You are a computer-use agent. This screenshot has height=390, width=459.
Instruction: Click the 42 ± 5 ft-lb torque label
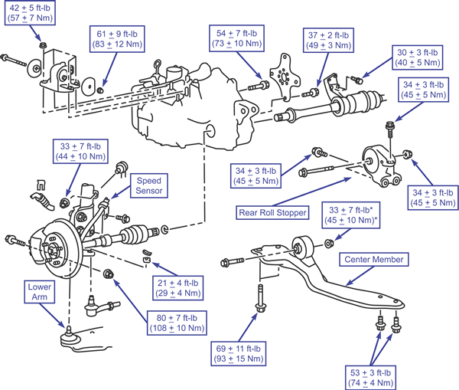30,13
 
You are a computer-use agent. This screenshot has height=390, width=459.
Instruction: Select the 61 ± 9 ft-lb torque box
117,39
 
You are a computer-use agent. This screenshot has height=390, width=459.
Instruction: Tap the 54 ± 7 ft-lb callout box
236,38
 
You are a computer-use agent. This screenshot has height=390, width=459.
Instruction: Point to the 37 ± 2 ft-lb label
328,40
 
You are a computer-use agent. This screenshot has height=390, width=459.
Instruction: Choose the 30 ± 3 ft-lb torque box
418,57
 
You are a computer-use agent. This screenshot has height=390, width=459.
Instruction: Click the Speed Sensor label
148,185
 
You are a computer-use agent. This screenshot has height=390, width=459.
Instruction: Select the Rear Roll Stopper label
272,212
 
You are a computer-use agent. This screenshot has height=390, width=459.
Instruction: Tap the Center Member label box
374,260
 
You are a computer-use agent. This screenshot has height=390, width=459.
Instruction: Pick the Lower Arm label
40,292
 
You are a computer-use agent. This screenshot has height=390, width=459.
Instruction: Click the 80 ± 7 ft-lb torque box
177,323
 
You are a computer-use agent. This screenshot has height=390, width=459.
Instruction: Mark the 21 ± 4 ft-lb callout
178,288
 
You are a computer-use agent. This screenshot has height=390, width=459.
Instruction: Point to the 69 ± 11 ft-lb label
238,354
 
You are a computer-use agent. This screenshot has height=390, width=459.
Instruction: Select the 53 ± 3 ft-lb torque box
370,378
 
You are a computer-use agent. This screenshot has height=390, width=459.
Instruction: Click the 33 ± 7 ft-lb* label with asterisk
350,215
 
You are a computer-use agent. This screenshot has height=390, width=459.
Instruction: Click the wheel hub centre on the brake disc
52,250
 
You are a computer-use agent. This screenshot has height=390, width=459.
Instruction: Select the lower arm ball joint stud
68,330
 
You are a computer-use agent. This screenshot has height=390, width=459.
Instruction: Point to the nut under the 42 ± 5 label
43,45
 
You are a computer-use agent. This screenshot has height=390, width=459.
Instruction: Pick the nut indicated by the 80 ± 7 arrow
109,274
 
